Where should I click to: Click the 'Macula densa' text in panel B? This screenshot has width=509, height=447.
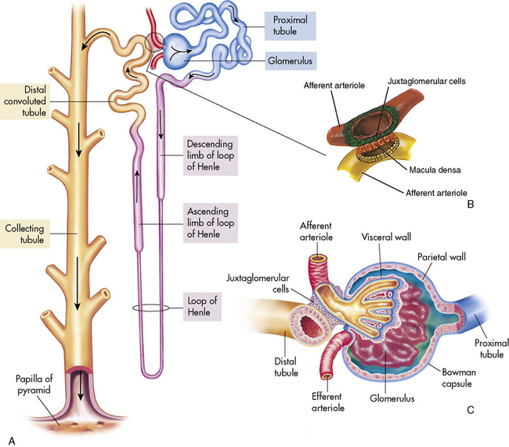(418, 169)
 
